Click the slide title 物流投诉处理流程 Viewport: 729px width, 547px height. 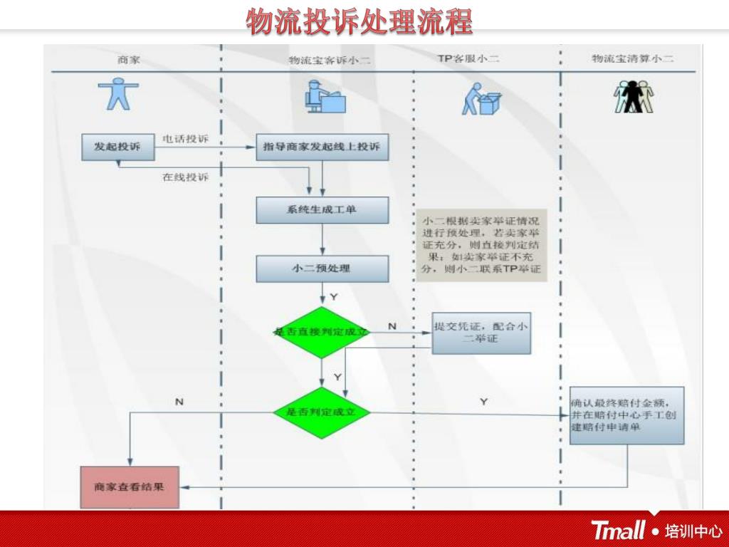click(360, 22)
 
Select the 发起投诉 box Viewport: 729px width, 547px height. click(117, 147)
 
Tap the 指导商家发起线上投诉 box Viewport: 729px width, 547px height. click(322, 147)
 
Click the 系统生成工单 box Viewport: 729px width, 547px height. click(322, 210)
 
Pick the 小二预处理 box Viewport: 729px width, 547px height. click(322, 269)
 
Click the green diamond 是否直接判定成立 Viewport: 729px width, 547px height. click(322, 332)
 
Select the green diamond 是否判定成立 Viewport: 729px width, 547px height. click(322, 412)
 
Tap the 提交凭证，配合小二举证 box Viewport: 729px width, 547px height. click(481, 333)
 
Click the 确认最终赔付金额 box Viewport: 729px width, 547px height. click(626, 416)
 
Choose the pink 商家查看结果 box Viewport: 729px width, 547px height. click(129, 487)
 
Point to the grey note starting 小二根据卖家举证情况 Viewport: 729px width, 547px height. click(481, 245)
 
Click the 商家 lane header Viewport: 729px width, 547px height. click(128, 60)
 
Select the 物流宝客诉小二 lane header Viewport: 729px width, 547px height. click(330, 61)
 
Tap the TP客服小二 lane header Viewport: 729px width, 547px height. click(468, 59)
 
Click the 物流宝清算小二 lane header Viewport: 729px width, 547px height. click(632, 59)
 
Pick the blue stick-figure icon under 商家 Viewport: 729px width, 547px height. click(118, 94)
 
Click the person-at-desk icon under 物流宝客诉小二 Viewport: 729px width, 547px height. click(324, 97)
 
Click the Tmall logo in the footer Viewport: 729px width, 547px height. click(618, 531)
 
